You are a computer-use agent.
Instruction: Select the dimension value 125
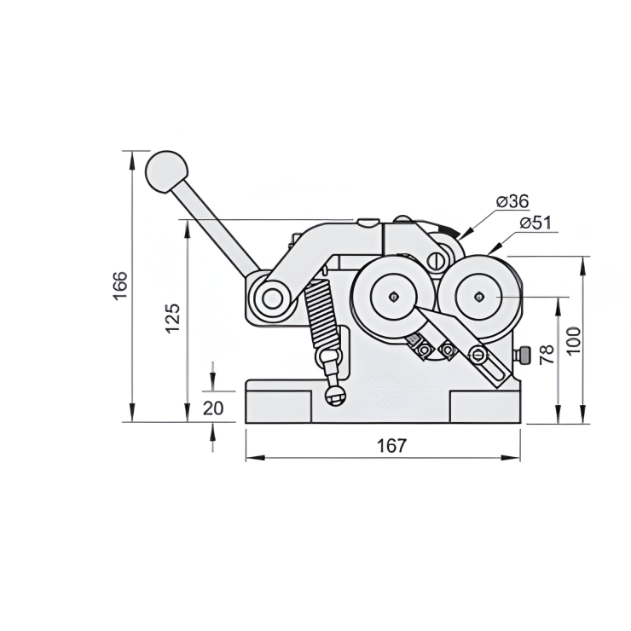(172, 317)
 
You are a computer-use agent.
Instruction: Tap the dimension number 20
(213, 408)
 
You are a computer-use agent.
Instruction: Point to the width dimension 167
(391, 445)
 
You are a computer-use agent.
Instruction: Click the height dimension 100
(573, 339)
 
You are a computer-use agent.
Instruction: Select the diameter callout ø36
(512, 201)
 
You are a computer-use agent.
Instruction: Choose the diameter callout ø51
(536, 223)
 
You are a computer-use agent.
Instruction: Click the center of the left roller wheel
(392, 297)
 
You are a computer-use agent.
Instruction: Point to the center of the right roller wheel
(480, 297)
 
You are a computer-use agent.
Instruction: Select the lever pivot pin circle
(273, 298)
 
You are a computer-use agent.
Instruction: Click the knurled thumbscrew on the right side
(526, 354)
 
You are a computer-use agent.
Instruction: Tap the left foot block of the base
(278, 406)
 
